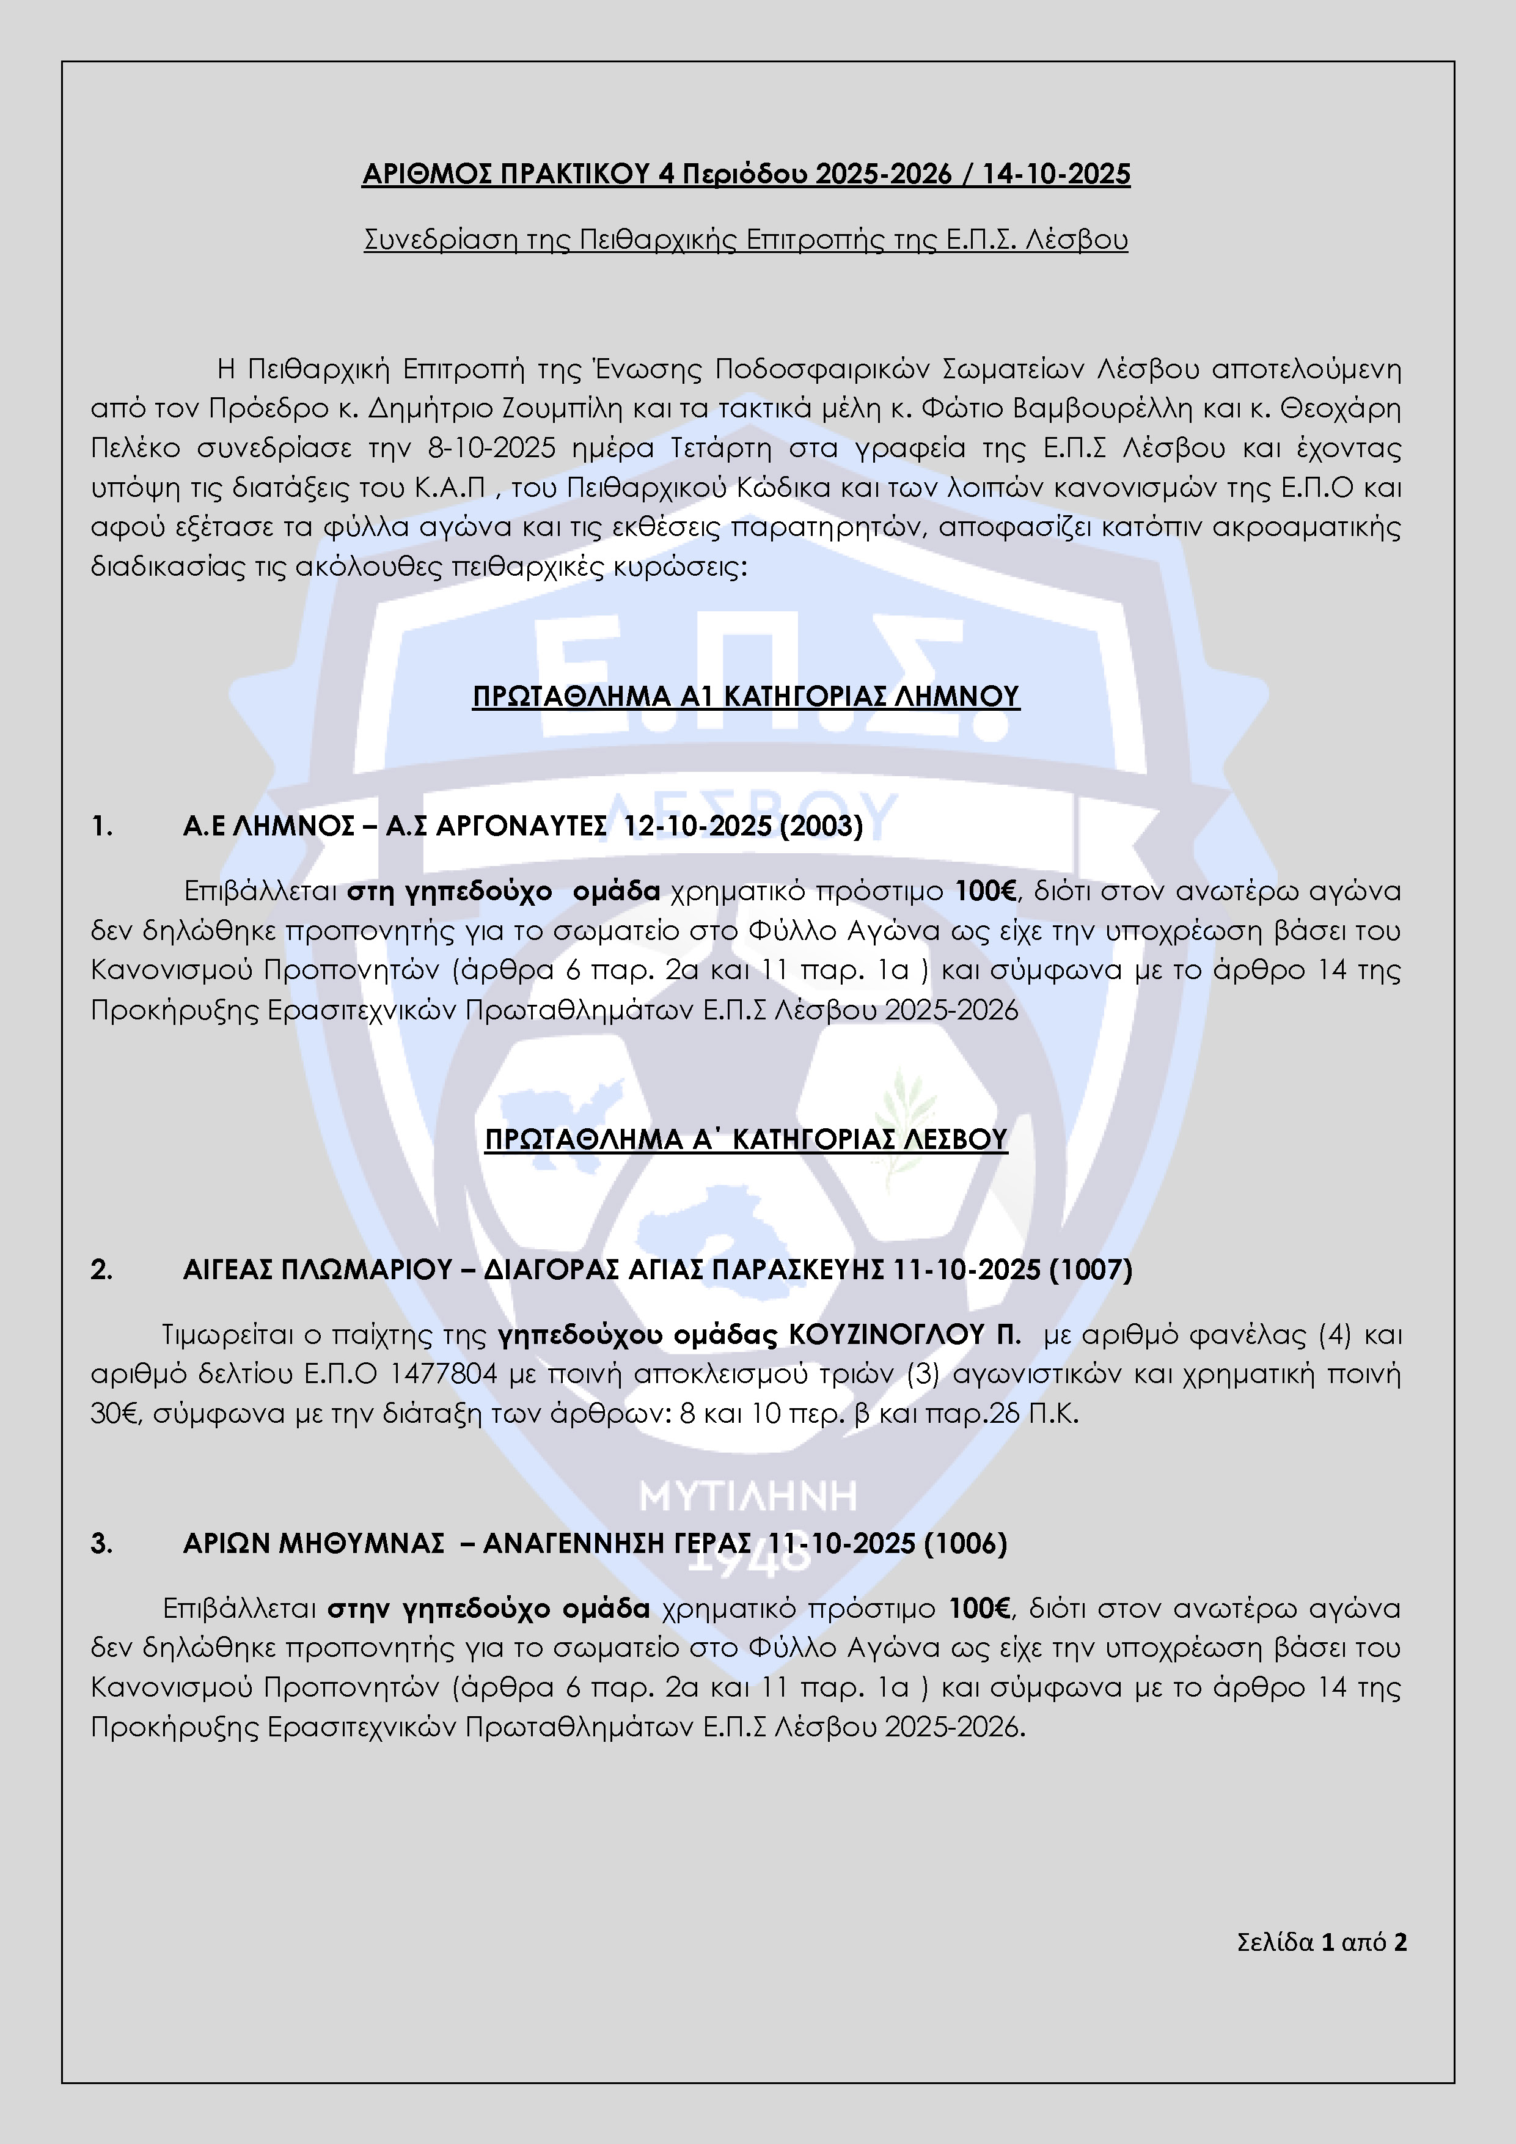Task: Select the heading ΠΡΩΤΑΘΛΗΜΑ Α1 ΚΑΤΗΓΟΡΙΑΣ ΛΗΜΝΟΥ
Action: [x=746, y=697]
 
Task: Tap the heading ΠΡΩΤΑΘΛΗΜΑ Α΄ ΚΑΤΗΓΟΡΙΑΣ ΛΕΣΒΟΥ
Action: [x=746, y=1139]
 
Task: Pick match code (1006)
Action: [x=965, y=1544]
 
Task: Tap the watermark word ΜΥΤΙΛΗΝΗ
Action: [x=748, y=1496]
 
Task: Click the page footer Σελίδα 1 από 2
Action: [x=1321, y=1942]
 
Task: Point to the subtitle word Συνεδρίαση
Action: [x=440, y=240]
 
